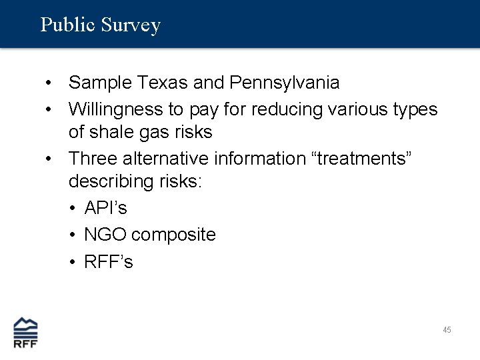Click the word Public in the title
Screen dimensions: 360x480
point(68,25)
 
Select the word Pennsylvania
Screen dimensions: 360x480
point(284,83)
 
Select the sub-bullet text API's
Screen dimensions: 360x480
point(105,208)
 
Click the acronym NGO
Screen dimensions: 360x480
point(105,235)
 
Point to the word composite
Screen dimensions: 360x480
point(173,235)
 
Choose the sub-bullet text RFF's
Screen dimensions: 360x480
point(109,262)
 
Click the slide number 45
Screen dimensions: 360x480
point(447,330)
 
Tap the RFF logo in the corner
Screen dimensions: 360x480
point(26,331)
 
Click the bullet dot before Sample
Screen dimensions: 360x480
point(49,83)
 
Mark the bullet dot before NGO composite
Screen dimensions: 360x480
point(72,235)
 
